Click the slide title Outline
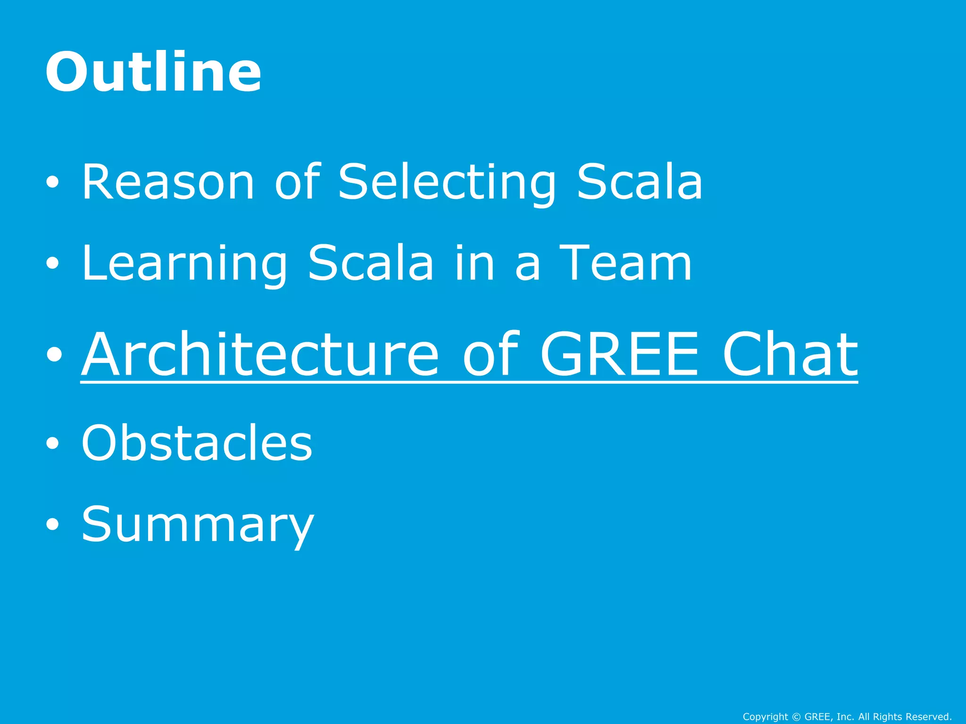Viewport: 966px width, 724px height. [x=153, y=72]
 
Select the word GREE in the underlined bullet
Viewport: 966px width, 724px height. [x=619, y=354]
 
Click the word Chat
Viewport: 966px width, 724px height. [x=790, y=354]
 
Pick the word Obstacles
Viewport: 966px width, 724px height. [x=197, y=443]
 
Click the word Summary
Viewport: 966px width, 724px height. [x=198, y=524]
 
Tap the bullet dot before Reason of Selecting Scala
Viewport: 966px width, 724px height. [x=52, y=183]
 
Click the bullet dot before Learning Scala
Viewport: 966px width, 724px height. [x=52, y=264]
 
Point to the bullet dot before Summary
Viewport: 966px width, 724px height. [x=52, y=525]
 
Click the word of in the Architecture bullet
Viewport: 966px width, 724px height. [x=491, y=354]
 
